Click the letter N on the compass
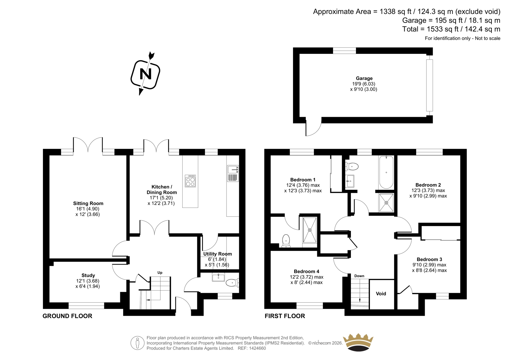click(x=145, y=74)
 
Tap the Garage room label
click(x=364, y=78)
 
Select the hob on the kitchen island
click(x=190, y=181)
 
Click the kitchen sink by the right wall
click(x=233, y=173)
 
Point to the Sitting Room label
click(x=88, y=203)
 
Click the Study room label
click(x=88, y=275)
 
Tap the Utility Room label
click(x=218, y=254)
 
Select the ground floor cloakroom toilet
click(x=232, y=283)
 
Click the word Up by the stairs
click(x=160, y=273)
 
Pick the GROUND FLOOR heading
click(x=67, y=316)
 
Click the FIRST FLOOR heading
click(x=285, y=316)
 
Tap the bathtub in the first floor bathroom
click(x=386, y=172)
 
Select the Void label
click(x=381, y=293)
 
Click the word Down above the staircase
click(x=359, y=276)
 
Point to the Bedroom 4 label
click(x=306, y=271)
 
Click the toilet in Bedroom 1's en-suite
click(x=286, y=241)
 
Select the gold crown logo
click(x=358, y=342)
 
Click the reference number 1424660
click(x=257, y=348)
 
